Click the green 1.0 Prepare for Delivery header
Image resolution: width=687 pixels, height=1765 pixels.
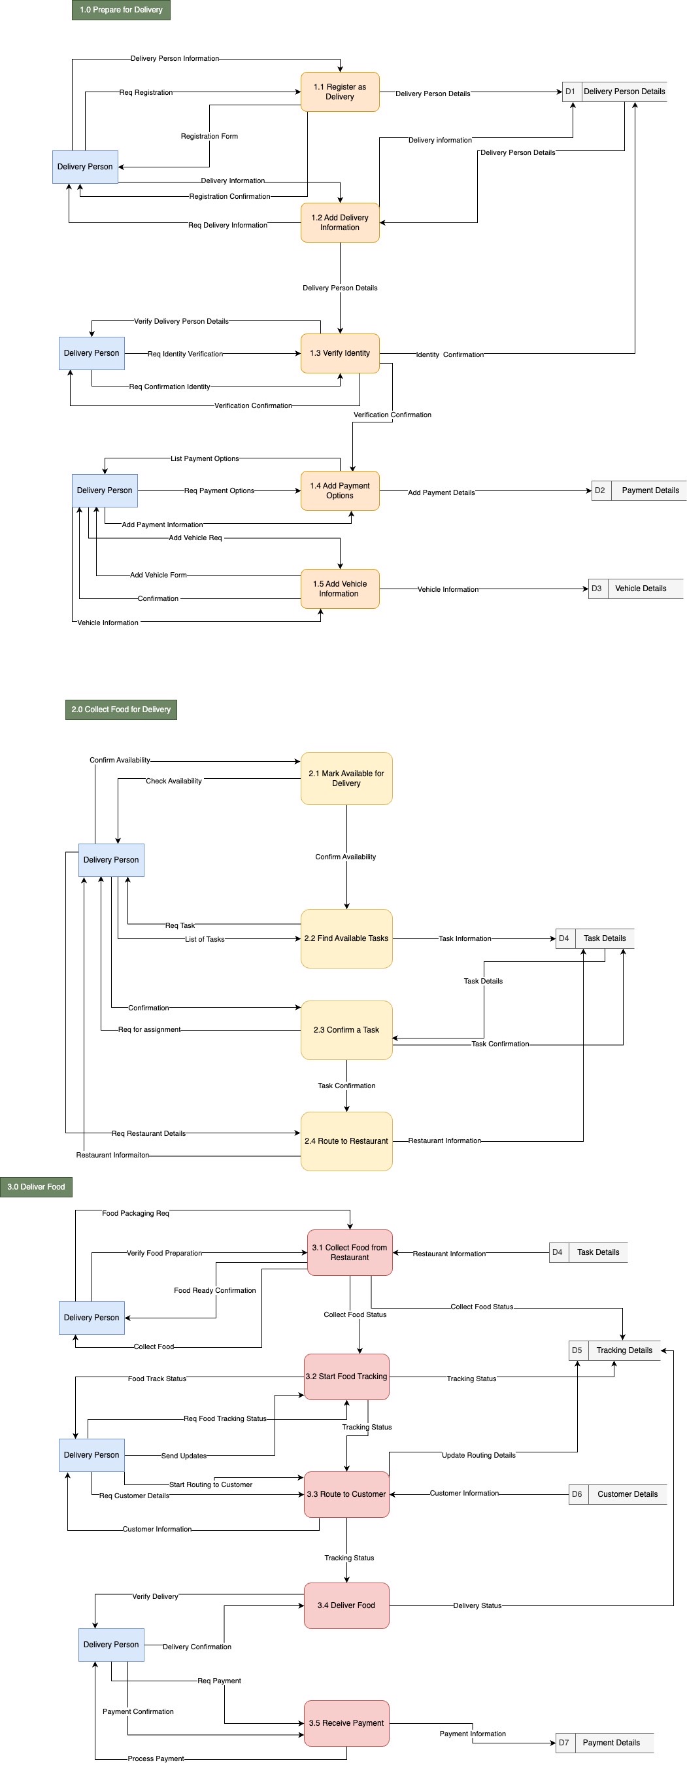[121, 10]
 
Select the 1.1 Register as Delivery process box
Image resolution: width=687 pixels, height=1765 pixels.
[340, 92]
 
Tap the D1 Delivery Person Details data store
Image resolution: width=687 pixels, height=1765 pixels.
[614, 92]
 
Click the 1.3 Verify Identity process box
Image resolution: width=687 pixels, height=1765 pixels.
[340, 354]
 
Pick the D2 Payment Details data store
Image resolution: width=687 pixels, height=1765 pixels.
[639, 490]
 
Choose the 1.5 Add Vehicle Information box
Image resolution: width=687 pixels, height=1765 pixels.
[340, 589]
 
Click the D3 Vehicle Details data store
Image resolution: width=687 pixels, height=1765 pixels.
[635, 589]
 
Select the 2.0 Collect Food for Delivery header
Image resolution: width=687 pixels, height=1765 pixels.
[121, 710]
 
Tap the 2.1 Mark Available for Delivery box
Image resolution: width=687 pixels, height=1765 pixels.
[346, 778]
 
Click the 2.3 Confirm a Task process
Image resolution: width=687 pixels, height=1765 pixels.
[346, 1030]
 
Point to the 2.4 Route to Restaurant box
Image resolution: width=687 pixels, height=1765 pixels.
[346, 1141]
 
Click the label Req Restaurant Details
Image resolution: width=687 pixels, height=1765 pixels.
[148, 1133]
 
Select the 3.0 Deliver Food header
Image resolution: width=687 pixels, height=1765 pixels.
[37, 1187]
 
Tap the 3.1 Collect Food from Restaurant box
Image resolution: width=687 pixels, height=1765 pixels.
[350, 1252]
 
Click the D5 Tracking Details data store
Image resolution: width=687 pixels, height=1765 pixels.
[614, 1350]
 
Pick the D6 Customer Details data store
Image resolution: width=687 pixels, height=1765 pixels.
[618, 1494]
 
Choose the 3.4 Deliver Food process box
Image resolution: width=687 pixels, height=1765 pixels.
[346, 1605]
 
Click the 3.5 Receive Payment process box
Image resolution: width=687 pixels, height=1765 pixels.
[346, 1723]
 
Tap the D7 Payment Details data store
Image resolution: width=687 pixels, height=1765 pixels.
[604, 1742]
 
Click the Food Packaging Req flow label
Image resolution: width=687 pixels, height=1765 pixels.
[135, 1214]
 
